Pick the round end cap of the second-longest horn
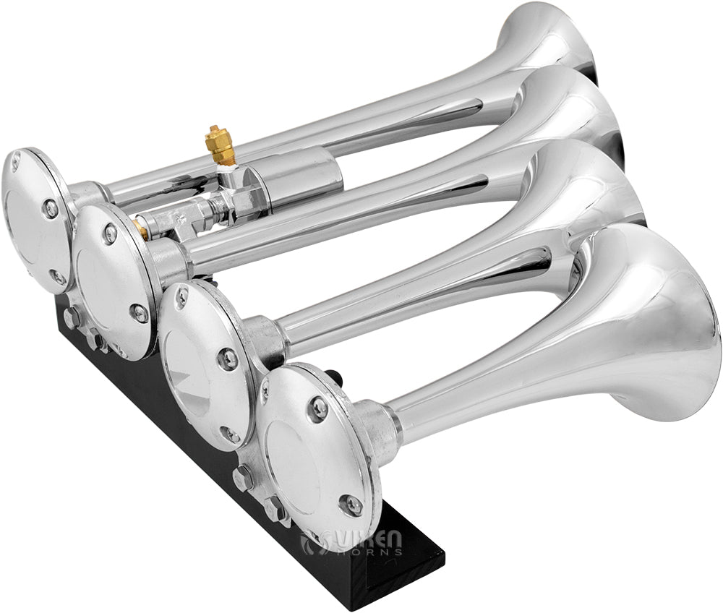click(112, 278)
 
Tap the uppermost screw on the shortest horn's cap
click(317, 408)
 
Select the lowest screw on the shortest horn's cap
click(352, 505)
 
